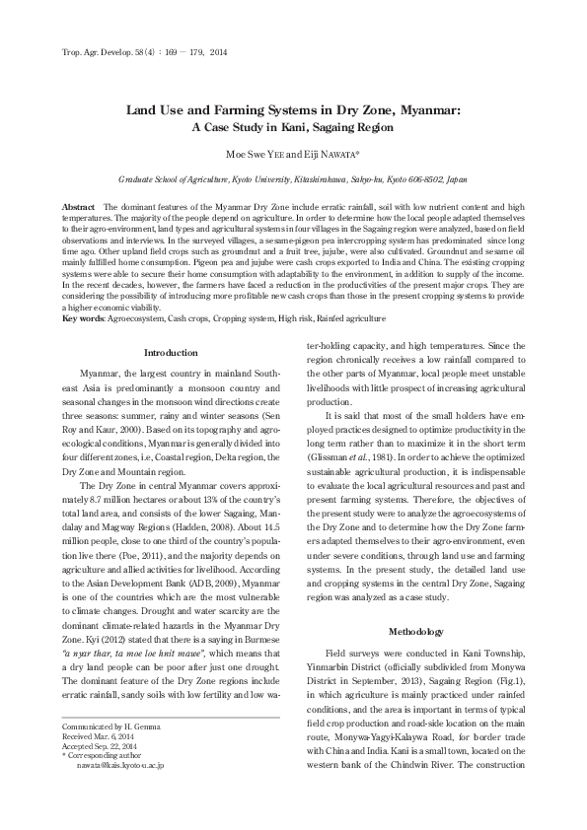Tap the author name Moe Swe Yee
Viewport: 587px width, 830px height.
point(259,156)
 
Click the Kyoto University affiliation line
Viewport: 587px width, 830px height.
point(293,181)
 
